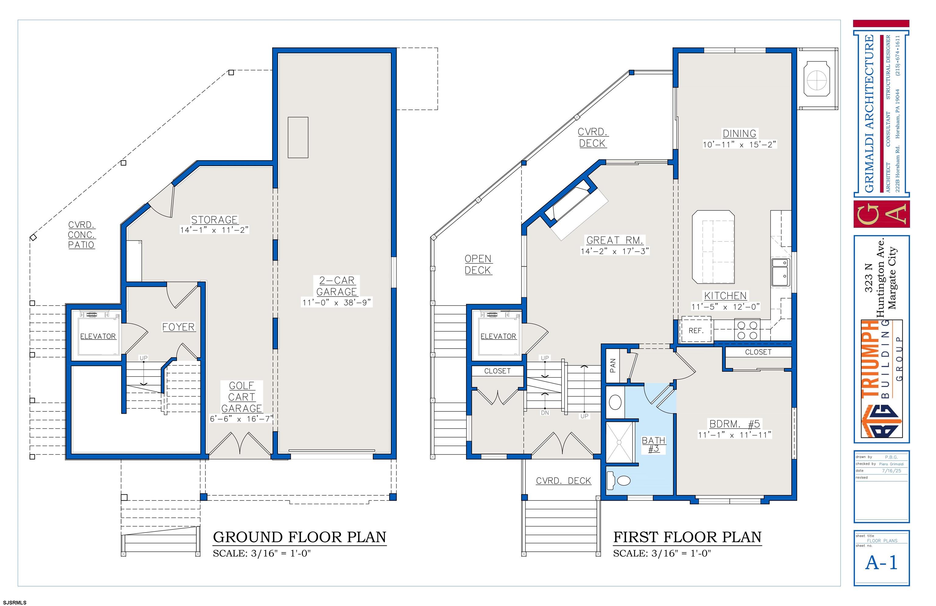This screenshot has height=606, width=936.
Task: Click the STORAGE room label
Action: pos(214,220)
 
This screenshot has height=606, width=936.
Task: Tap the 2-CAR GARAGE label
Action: pos(337,286)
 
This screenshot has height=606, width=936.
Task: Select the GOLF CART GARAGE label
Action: pos(241,397)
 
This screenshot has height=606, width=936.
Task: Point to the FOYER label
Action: pos(179,327)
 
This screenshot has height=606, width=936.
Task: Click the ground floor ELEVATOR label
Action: pos(98,336)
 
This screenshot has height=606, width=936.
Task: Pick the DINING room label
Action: pos(739,133)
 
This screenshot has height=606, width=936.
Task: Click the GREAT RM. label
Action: pos(615,240)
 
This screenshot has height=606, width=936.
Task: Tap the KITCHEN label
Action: pos(725,296)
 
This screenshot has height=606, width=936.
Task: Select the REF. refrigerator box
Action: pos(696,330)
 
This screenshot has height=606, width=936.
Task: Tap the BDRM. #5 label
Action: pos(735,424)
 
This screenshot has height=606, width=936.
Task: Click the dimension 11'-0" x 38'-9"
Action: pos(336,302)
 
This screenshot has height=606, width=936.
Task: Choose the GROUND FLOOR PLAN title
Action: pos(300,537)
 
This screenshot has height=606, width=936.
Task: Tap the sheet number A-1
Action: pos(881,563)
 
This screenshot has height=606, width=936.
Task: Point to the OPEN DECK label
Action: pos(478,264)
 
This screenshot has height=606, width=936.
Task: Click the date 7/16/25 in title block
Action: pos(891,471)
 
